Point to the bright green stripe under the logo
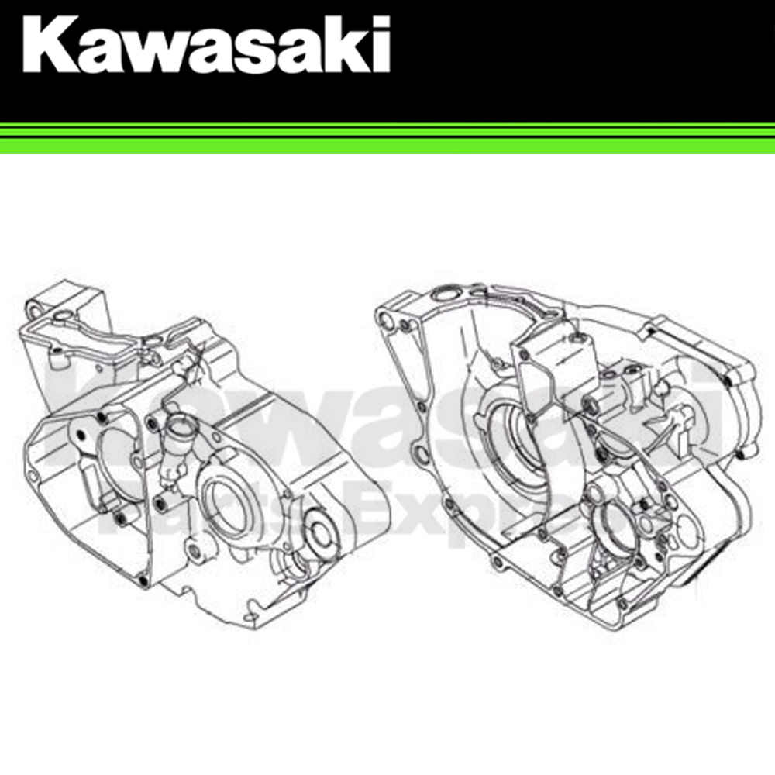click(x=387, y=141)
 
